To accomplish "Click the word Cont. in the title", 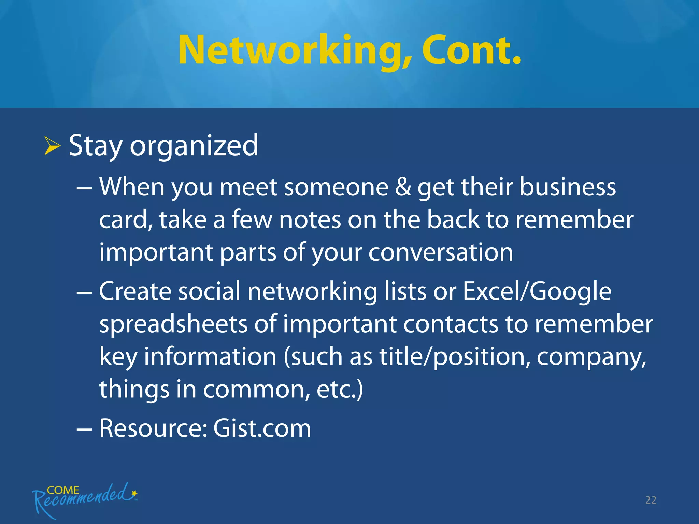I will [471, 50].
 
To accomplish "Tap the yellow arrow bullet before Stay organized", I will [52, 146].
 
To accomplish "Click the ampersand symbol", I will [403, 187].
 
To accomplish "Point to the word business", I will [568, 187].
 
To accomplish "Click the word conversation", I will [441, 252].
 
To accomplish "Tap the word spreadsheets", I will [173, 324].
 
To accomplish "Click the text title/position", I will [455, 357].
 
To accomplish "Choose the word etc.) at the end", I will [339, 389].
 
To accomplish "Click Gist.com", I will [262, 428].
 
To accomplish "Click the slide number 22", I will [651, 500].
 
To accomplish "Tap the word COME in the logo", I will [63, 490].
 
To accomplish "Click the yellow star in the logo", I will [134, 493].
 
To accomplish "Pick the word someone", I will [336, 187].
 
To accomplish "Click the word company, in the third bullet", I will [591, 357].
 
